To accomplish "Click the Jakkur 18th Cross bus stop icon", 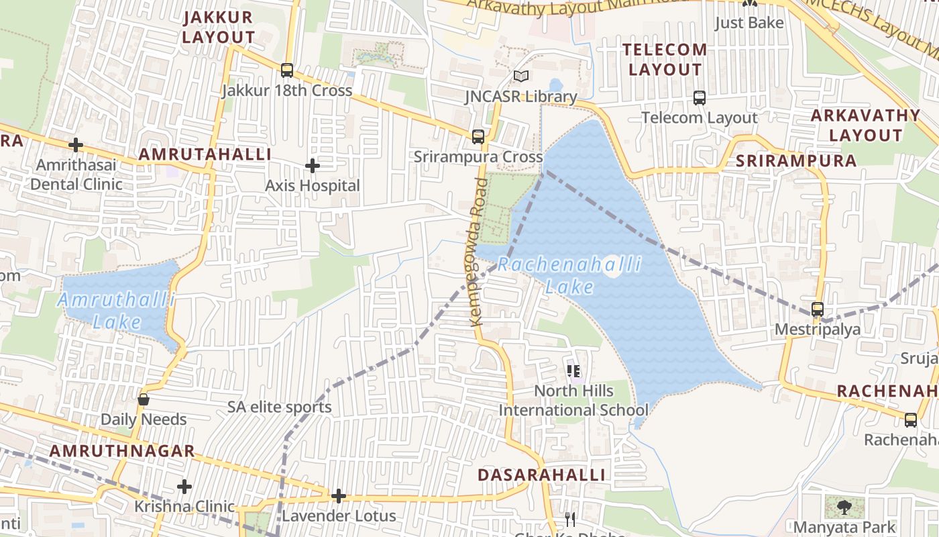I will [287, 70].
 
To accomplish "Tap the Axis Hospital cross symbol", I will [313, 165].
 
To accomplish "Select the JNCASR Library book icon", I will [521, 76].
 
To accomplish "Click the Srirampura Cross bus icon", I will [478, 137].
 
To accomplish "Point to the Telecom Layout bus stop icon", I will [700, 98].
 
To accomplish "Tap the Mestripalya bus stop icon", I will [817, 309].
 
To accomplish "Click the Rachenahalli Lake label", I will [569, 275].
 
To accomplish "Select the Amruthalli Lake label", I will [117, 310].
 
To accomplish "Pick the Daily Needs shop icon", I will [144, 399].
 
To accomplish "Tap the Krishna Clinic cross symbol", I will [184, 487].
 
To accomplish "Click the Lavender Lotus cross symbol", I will [339, 496].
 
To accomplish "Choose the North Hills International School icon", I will [573, 370].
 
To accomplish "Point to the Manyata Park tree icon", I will [844, 507].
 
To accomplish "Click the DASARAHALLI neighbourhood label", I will [541, 475].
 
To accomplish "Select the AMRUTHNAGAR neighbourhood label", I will [122, 451].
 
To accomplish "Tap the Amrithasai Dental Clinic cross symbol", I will [76, 144].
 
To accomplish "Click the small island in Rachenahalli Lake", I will [612, 267].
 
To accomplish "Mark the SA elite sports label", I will [280, 407].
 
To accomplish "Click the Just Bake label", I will [749, 23].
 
